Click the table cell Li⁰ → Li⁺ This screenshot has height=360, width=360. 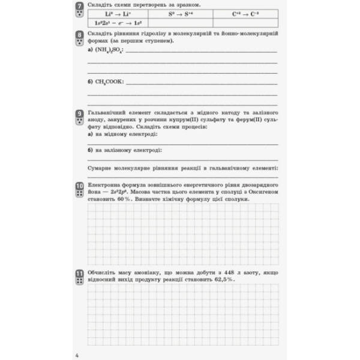click(x=119, y=13)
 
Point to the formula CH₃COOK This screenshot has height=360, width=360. click(x=109, y=82)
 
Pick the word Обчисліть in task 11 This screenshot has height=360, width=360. click(x=103, y=272)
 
